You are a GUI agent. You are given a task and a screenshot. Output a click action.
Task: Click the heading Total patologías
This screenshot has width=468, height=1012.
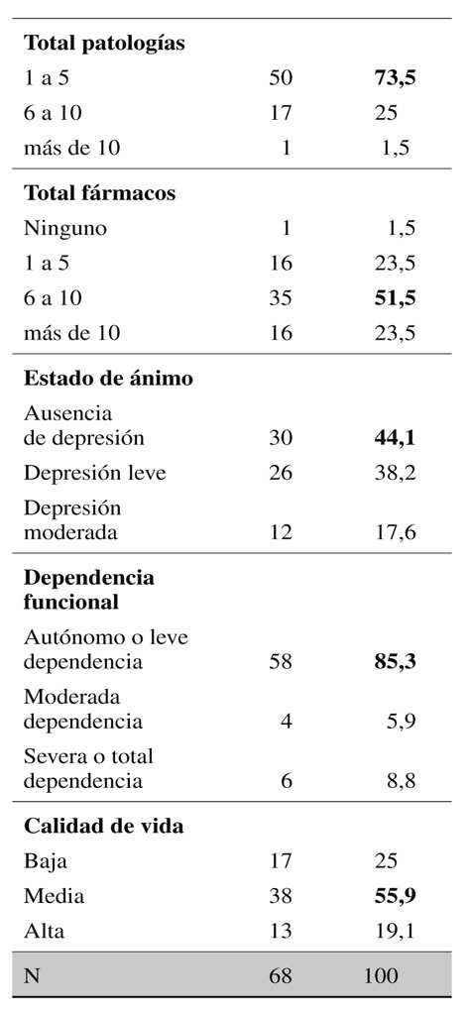pos(104,44)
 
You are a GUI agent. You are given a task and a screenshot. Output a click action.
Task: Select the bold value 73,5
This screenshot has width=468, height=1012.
pos(395,78)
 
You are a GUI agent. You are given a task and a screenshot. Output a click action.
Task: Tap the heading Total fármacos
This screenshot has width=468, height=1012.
pos(100,193)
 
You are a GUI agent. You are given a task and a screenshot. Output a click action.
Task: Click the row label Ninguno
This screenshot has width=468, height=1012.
pos(65,229)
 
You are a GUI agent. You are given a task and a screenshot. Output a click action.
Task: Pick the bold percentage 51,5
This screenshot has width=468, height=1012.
pos(395,297)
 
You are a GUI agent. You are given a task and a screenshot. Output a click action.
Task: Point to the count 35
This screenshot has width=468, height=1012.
pos(281,297)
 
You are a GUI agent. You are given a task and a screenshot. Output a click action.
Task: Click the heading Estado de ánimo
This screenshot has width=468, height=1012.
pos(108,379)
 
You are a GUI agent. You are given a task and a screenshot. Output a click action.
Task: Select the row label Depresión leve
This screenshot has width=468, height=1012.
pos(95,473)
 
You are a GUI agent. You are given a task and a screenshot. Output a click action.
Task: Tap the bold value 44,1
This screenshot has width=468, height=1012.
pos(395,438)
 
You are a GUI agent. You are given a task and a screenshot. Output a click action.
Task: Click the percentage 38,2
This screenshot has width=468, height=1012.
pos(395,473)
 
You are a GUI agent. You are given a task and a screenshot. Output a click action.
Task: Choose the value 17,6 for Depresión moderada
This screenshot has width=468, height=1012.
pos(395,532)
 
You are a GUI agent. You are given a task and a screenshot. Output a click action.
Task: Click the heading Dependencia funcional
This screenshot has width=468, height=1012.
pos(89,589)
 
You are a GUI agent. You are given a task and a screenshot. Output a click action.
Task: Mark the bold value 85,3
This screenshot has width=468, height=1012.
pos(395,662)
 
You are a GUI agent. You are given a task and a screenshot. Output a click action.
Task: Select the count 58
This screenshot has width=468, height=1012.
pos(281,662)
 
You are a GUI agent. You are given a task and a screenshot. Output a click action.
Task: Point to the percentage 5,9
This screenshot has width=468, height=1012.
pos(401,721)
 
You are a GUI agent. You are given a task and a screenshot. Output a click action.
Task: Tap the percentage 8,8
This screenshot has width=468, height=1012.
pos(401,781)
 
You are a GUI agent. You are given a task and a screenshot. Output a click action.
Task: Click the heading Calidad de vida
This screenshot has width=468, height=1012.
pos(104,826)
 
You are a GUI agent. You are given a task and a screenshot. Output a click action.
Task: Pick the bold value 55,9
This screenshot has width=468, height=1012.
pos(395,896)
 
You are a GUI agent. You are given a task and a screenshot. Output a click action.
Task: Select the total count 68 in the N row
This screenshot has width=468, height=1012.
pos(281,975)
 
